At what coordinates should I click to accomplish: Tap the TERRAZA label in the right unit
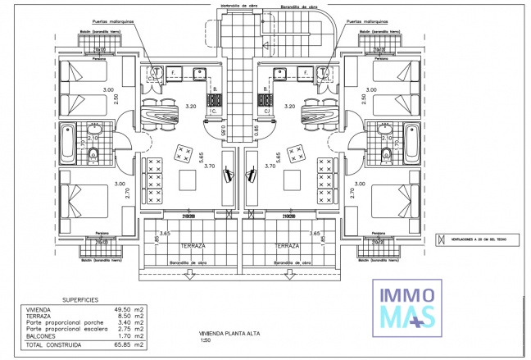286,246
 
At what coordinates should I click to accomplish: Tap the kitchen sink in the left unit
155,73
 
